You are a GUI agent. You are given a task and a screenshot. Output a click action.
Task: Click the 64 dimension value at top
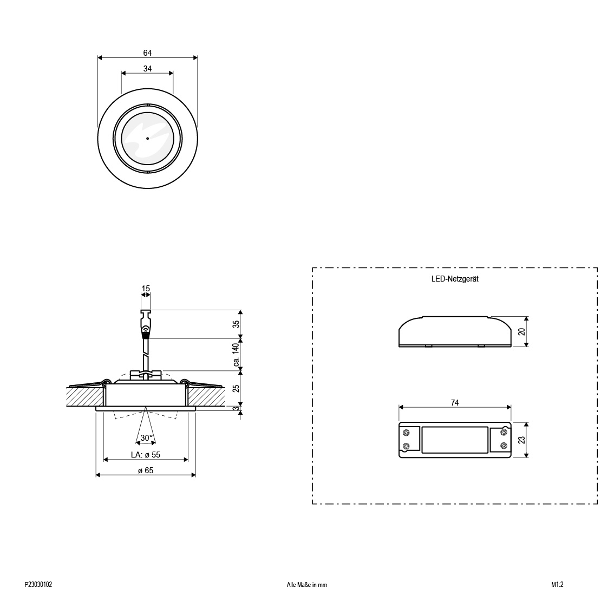[x=147, y=53]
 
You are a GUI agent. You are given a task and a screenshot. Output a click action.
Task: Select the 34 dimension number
[x=147, y=69]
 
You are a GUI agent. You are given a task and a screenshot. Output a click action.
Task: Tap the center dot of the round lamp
[x=148, y=138]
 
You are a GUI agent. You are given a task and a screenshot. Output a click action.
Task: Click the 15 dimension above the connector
[x=146, y=289]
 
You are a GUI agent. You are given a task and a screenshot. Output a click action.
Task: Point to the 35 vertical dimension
[x=236, y=324]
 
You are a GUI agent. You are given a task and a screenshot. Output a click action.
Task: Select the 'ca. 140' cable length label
[x=236, y=355]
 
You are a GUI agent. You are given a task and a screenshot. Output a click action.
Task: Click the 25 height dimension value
[x=236, y=388]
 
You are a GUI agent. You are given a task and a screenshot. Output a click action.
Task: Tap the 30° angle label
[x=146, y=438]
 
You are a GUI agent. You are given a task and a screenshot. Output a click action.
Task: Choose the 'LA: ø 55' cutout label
[x=146, y=455]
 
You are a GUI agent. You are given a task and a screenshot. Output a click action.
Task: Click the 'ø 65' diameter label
[x=146, y=471]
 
